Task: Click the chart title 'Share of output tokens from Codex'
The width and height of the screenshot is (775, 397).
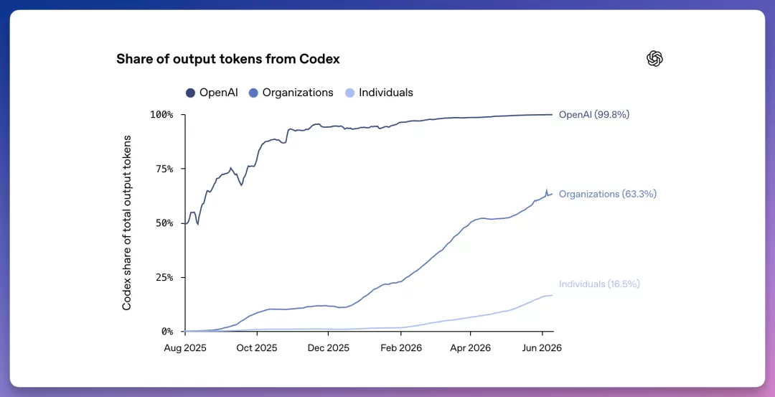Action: [228, 59]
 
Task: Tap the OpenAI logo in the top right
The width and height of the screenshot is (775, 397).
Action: [654, 58]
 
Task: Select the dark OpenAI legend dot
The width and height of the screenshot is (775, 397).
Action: [190, 93]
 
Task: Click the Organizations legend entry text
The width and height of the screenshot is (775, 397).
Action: [298, 93]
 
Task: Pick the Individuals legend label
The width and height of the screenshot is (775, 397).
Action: [385, 93]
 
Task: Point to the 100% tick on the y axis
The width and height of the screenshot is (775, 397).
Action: [161, 115]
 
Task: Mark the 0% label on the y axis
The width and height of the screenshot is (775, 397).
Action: [167, 331]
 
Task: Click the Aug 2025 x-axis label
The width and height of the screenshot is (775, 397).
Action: [185, 348]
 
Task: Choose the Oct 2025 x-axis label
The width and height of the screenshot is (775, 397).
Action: [256, 348]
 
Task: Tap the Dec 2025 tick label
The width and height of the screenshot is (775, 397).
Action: [328, 348]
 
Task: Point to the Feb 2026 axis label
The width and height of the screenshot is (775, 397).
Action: [401, 348]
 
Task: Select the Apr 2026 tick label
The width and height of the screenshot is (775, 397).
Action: [470, 348]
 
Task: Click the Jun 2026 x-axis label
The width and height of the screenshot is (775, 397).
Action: [542, 348]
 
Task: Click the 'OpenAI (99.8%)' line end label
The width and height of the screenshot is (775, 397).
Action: [594, 115]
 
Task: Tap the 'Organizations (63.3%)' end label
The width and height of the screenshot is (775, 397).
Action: [608, 195]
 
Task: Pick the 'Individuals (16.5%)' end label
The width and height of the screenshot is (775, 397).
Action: [599, 284]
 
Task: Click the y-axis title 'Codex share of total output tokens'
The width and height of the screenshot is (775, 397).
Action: [127, 223]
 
